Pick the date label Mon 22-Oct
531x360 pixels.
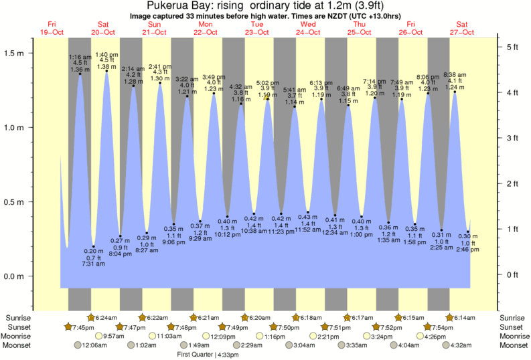205,28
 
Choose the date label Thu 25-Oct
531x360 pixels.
359,28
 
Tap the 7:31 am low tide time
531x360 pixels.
94,264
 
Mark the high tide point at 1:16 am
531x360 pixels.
80,74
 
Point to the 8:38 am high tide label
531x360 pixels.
455,74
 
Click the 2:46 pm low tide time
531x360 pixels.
467,250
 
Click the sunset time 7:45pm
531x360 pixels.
84,327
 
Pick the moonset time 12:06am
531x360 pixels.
94,346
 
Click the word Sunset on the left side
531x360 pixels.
17,327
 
